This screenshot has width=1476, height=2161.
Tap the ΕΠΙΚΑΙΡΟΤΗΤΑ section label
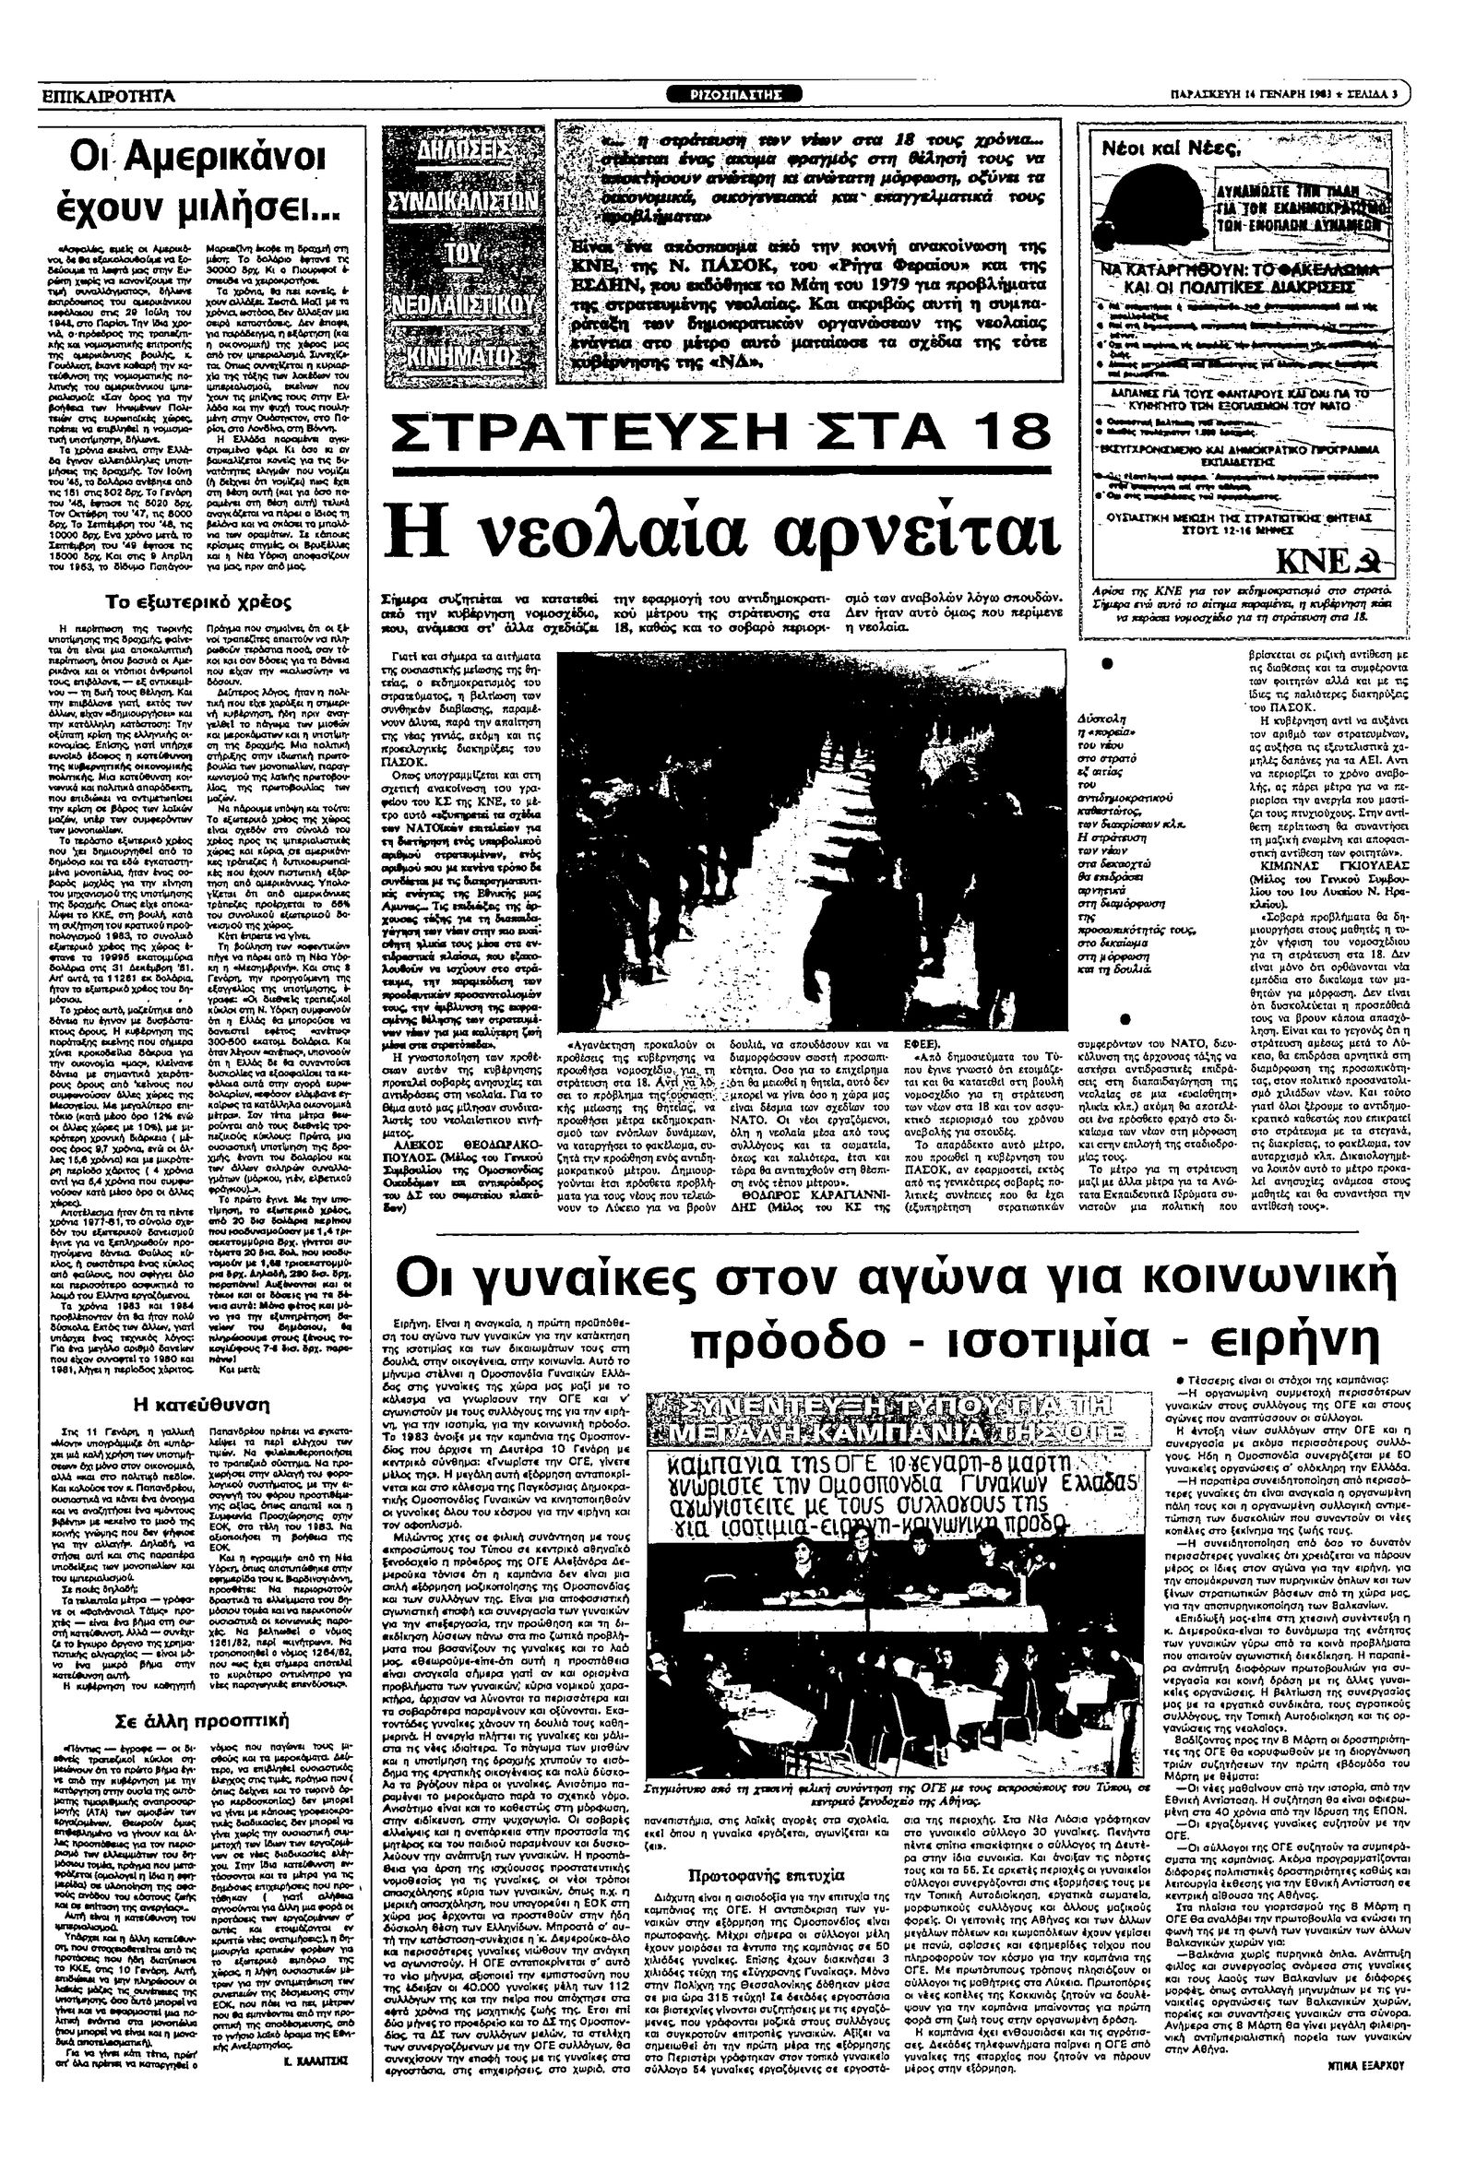coord(109,95)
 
